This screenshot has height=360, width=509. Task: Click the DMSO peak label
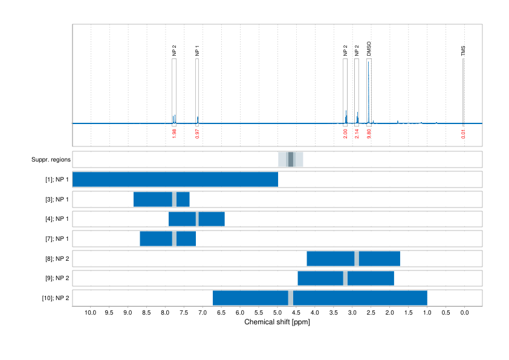(x=369, y=49)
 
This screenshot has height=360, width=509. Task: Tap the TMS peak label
(x=463, y=51)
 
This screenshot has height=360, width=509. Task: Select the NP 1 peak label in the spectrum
(x=197, y=51)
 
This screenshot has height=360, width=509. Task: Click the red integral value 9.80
(x=369, y=134)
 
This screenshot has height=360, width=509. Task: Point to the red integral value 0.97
(x=197, y=134)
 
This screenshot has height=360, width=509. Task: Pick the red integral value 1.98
(x=174, y=134)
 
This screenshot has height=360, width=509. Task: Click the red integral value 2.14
(x=357, y=134)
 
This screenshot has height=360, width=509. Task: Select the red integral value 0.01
(x=463, y=134)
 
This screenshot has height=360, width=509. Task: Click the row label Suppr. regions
(x=51, y=160)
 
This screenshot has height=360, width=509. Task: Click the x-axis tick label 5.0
(x=277, y=313)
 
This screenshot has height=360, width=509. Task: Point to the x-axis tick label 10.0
(x=91, y=313)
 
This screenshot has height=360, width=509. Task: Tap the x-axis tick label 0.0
(x=464, y=313)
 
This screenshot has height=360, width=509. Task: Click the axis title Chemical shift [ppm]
(x=277, y=322)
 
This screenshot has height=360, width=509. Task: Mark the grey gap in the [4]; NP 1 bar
(x=197, y=219)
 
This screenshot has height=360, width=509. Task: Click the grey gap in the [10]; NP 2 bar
(x=291, y=298)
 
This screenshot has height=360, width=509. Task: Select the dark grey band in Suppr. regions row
(x=291, y=160)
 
